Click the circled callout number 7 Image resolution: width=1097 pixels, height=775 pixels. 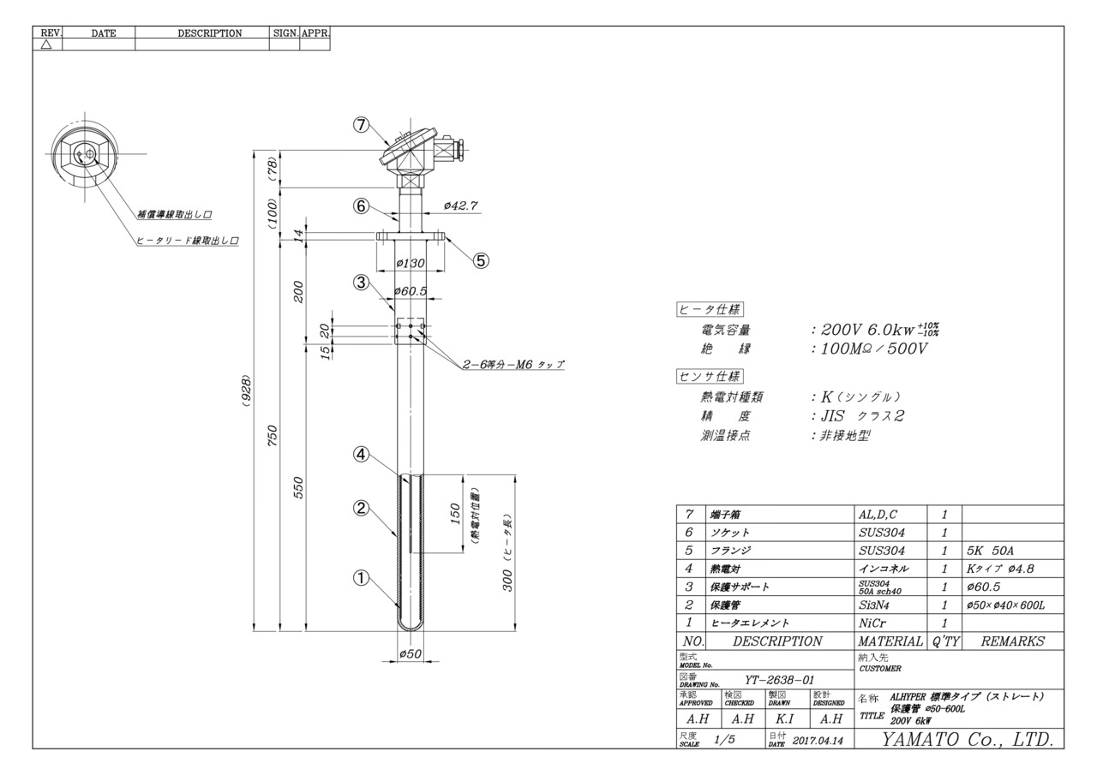(x=361, y=125)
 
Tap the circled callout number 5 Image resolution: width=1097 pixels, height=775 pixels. (x=481, y=261)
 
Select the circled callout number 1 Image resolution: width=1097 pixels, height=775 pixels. (x=361, y=578)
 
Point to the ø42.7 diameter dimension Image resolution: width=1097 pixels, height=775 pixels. (x=460, y=206)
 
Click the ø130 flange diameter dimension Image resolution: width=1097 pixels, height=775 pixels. (x=411, y=263)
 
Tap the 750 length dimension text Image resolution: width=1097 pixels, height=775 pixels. (x=273, y=435)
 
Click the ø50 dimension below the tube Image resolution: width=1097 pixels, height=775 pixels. (x=411, y=653)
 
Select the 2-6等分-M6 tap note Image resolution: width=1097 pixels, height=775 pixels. (x=513, y=365)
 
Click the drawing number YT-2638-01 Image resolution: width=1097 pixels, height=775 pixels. (x=780, y=680)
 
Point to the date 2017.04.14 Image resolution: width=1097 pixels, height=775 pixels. (x=818, y=741)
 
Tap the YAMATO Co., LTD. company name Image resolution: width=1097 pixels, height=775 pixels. (x=968, y=739)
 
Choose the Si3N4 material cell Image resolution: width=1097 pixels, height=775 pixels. (x=873, y=605)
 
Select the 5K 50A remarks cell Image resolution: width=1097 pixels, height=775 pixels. (x=990, y=551)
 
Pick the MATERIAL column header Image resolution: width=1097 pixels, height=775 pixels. (x=890, y=641)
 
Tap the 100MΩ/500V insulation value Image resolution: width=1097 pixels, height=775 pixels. (x=874, y=349)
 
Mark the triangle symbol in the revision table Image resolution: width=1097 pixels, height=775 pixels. (x=46, y=45)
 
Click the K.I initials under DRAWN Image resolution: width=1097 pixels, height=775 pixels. (x=785, y=718)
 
